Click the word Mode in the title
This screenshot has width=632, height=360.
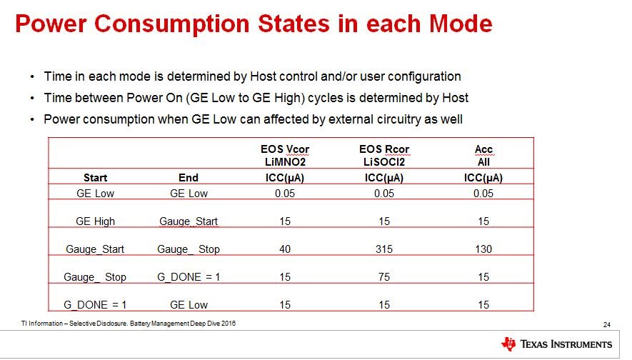pyautogui.click(x=461, y=24)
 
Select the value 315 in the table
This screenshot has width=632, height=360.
pyautogui.click(x=383, y=249)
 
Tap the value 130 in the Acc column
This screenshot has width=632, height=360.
pyautogui.click(x=483, y=249)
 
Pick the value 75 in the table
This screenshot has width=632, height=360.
pyautogui.click(x=383, y=277)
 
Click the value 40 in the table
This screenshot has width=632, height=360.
pyautogui.click(x=284, y=249)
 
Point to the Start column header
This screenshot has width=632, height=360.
pyautogui.click(x=95, y=178)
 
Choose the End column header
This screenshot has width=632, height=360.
pyautogui.click(x=189, y=178)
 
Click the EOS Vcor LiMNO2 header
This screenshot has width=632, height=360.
pyautogui.click(x=285, y=156)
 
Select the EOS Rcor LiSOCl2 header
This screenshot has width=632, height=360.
pyautogui.click(x=384, y=156)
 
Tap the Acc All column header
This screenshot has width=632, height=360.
pyautogui.click(x=483, y=156)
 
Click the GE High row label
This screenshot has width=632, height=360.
pyautogui.click(x=95, y=221)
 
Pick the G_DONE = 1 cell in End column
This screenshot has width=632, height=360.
pyautogui.click(x=189, y=277)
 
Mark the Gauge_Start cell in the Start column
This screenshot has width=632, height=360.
pyautogui.click(x=95, y=249)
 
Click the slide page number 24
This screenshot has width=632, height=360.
pyautogui.click(x=606, y=324)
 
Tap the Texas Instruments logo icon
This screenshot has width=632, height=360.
pyautogui.click(x=508, y=344)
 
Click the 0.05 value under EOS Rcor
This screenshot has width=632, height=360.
pyautogui.click(x=383, y=194)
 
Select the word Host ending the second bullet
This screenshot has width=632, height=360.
pyautogui.click(x=455, y=98)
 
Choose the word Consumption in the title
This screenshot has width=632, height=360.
pyautogui.click(x=171, y=24)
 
